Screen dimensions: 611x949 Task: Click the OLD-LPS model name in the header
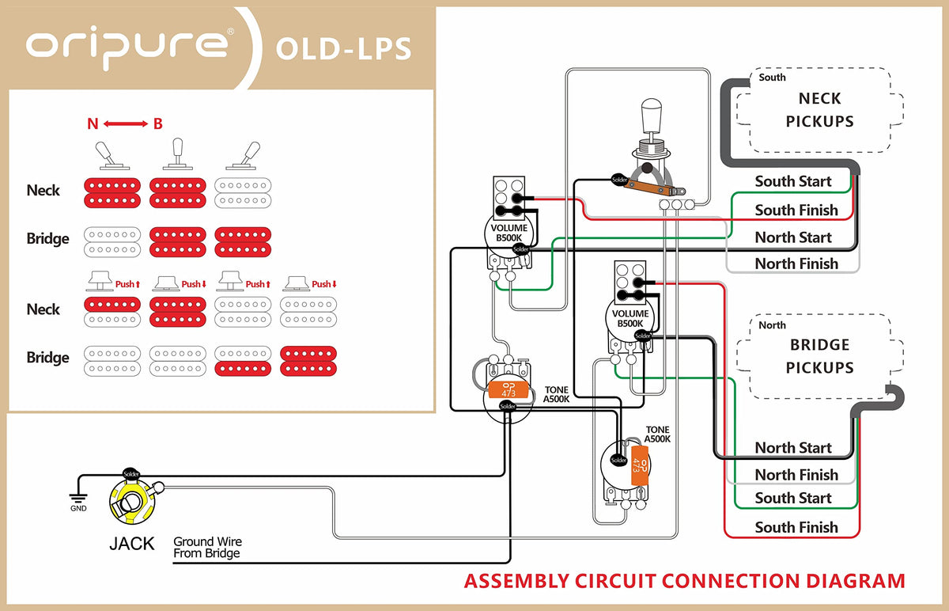point(343,47)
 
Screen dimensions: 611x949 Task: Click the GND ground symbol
point(78,499)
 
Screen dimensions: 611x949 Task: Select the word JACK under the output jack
point(131,545)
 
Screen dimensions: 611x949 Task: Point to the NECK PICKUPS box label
point(819,110)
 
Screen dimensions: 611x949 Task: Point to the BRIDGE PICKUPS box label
point(819,356)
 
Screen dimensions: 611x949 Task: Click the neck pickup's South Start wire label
point(793,181)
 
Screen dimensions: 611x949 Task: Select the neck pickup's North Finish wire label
point(796,264)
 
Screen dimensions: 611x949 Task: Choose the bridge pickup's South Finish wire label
point(796,527)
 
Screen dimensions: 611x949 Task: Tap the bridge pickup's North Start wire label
point(793,448)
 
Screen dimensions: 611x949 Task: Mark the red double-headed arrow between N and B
point(126,123)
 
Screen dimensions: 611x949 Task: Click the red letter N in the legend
point(93,123)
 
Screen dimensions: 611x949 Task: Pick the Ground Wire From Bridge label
point(207,548)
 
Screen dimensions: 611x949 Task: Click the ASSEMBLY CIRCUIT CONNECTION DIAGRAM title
point(684,581)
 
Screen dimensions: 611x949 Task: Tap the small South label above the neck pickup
point(772,78)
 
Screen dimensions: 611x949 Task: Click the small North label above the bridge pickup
point(772,325)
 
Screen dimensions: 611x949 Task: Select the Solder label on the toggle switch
point(621,180)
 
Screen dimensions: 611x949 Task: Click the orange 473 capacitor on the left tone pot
point(504,389)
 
